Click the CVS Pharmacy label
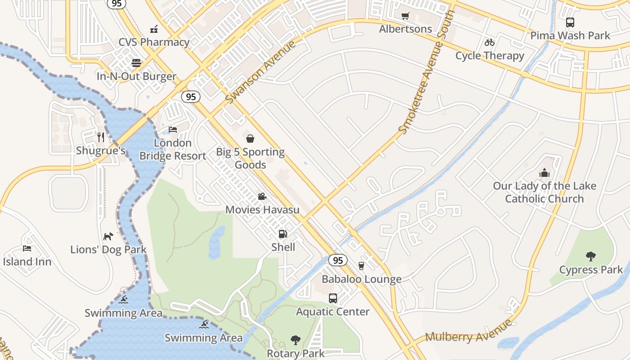click(x=154, y=42)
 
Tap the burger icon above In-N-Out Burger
click(x=136, y=63)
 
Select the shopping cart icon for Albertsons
click(x=405, y=16)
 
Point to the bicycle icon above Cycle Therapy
click(x=490, y=43)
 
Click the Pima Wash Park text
click(x=570, y=36)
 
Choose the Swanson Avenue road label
click(x=261, y=72)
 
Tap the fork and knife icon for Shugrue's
click(x=101, y=137)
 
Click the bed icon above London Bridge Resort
click(x=173, y=130)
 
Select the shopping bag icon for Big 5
click(x=250, y=139)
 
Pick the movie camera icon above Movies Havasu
click(x=262, y=196)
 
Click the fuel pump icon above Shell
click(x=283, y=234)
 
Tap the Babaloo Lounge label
click(x=362, y=279)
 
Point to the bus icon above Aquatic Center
click(x=333, y=298)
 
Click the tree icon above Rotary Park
click(x=295, y=340)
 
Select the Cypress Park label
click(x=591, y=270)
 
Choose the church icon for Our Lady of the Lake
click(x=544, y=173)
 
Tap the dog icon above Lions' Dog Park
click(x=108, y=236)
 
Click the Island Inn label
click(x=27, y=262)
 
